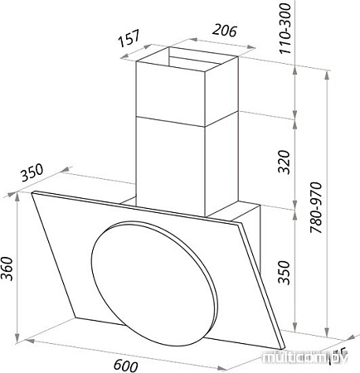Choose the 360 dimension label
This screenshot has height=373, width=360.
click(9, 266)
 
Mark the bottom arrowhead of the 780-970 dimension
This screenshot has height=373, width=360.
click(329, 332)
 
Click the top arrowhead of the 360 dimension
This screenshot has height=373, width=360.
click(19, 199)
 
